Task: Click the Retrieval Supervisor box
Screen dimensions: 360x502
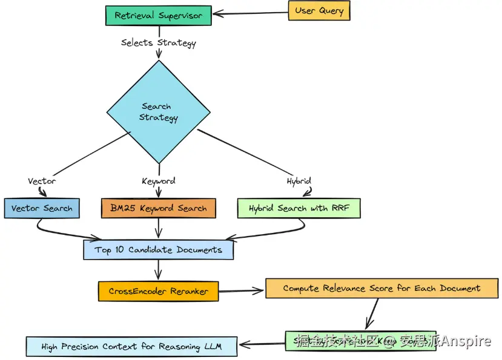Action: pos(159,15)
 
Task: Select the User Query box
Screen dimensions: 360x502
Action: pos(319,11)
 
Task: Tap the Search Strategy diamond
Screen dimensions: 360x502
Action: pos(159,112)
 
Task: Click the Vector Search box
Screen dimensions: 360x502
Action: pos(41,208)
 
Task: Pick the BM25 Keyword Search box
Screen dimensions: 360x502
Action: pos(158,208)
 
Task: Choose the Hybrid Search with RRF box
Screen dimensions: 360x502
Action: pos(299,208)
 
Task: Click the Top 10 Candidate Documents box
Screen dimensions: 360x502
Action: pos(158,249)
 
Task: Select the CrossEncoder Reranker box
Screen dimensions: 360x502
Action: pos(158,291)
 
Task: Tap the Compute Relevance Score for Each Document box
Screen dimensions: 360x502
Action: pos(381,288)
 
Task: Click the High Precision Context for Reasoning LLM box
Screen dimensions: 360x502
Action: pos(131,347)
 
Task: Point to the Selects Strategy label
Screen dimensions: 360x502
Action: pos(159,42)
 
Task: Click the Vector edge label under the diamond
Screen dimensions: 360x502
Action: pos(42,181)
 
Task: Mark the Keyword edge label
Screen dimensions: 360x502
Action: pos(159,181)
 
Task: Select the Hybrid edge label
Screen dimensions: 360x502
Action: pos(299,181)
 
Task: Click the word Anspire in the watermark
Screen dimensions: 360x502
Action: pos(466,342)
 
